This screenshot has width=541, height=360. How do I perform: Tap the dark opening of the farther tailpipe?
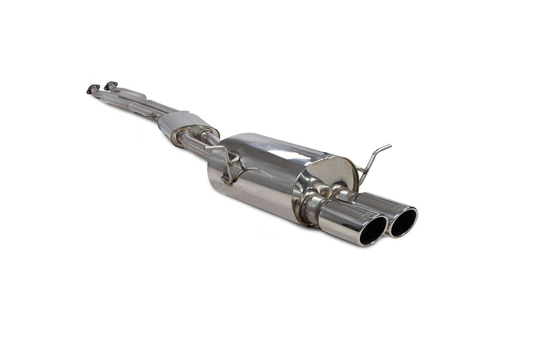tap(403, 222)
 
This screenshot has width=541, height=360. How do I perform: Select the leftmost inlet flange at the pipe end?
tap(91, 90)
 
